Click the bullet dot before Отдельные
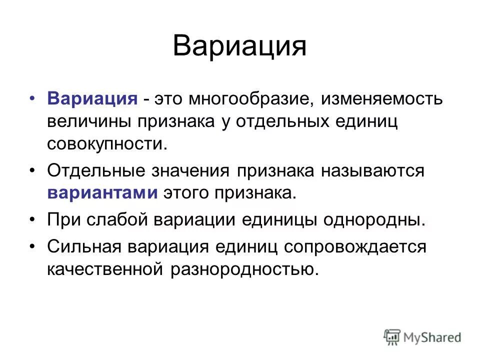tap(32, 171)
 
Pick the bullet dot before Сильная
tap(32, 246)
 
